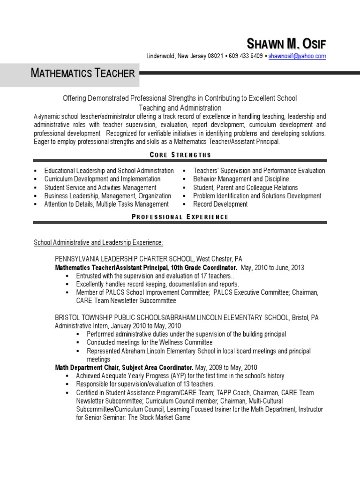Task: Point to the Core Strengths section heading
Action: (180, 155)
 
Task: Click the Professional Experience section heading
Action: (180, 217)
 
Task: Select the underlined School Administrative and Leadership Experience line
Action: (98, 242)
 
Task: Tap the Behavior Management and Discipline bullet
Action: (241, 179)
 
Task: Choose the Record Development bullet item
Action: (220, 204)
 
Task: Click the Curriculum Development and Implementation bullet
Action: (102, 179)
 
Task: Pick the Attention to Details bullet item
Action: (106, 204)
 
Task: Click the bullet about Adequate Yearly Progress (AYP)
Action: (180, 376)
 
